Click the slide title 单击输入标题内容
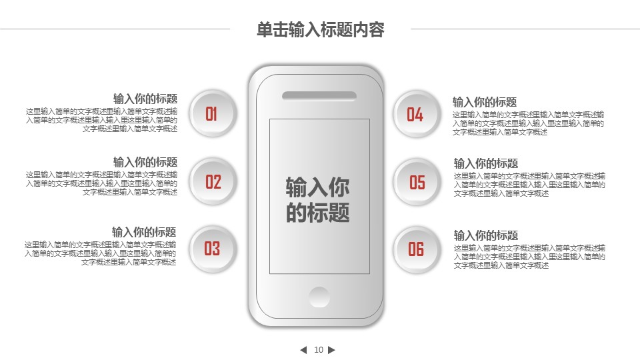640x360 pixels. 321,30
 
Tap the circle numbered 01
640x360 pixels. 213,113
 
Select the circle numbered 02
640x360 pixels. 213,181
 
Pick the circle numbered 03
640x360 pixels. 213,249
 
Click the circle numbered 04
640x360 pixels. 416,114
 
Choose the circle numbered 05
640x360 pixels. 416,182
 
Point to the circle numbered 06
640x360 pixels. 416,249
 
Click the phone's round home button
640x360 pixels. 319,297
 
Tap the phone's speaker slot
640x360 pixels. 319,96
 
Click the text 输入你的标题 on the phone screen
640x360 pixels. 317,199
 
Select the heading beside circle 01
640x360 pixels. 145,99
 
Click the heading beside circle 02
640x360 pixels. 145,162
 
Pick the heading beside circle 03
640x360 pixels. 144,232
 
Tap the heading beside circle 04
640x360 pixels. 485,102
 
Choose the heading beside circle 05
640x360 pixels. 486,164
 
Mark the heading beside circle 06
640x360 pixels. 486,235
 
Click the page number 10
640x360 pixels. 319,350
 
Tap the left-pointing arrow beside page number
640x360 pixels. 303,350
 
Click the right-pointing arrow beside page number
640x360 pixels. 331,350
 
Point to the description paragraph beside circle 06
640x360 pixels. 529,257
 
